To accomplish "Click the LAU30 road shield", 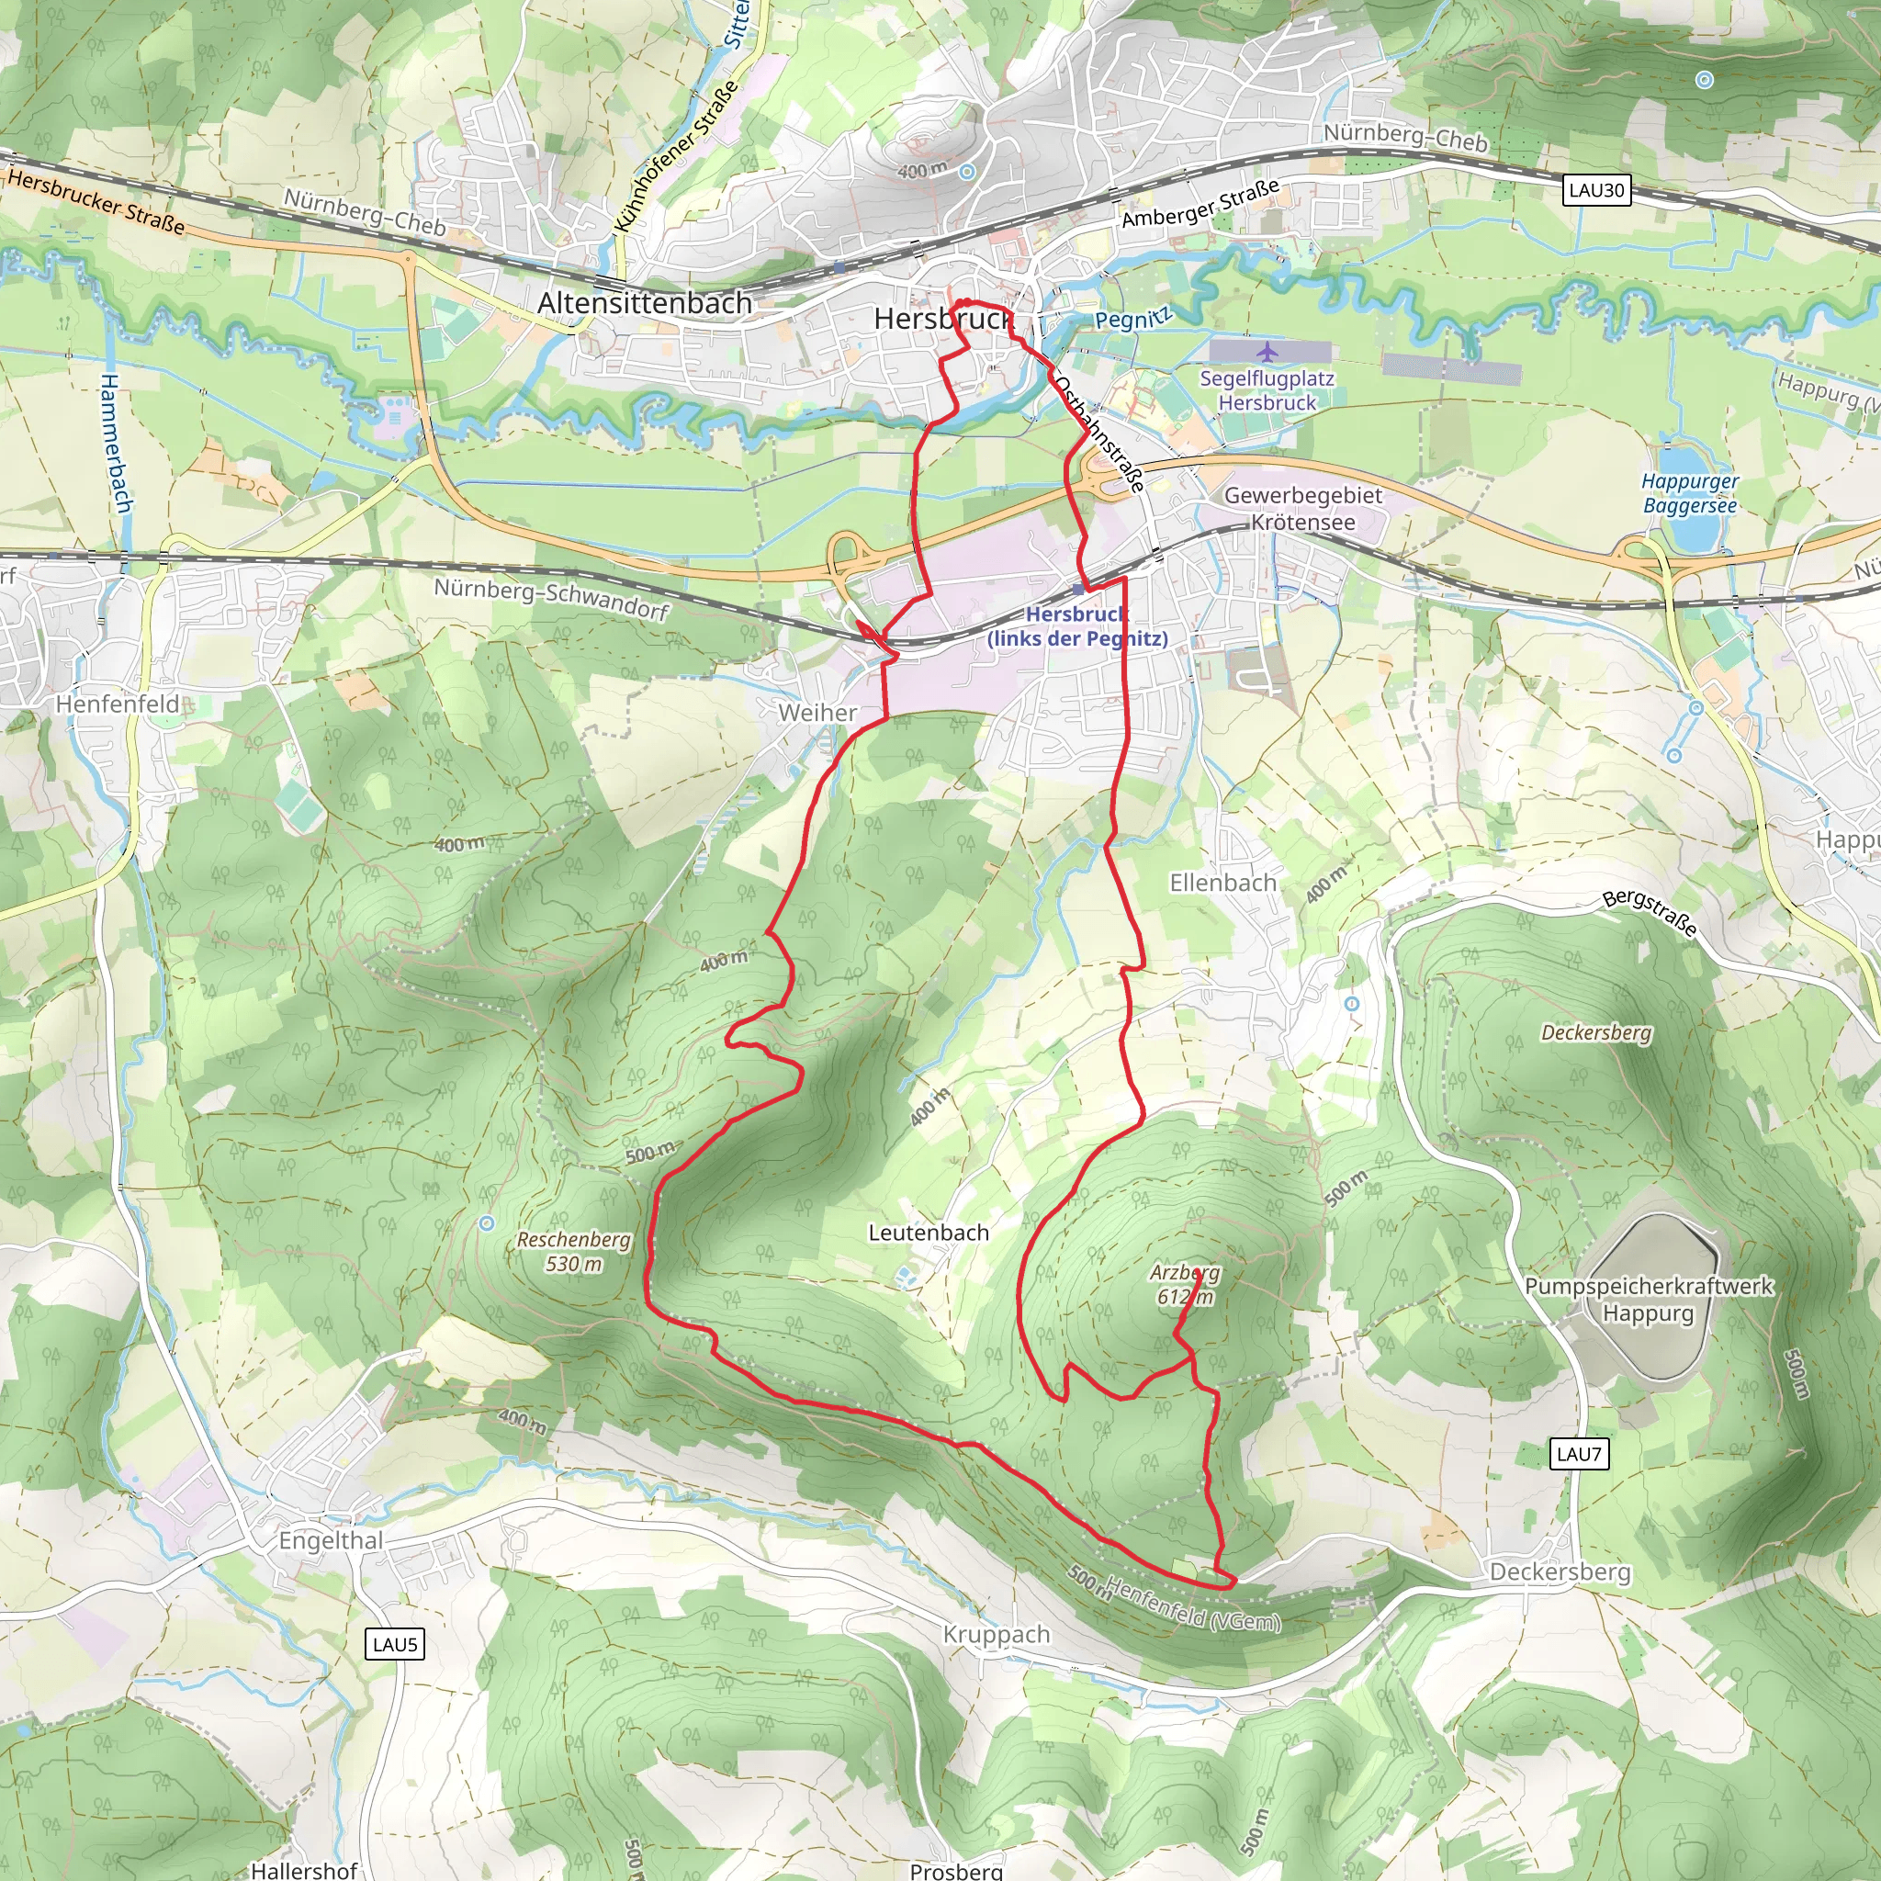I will tap(1596, 190).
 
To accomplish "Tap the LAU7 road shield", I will tap(1578, 1455).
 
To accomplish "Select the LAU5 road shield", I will tap(396, 1644).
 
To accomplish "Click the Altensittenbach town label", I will tap(645, 303).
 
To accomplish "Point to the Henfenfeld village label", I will tap(117, 704).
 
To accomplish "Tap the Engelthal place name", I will tap(331, 1540).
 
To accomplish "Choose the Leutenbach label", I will tap(928, 1233).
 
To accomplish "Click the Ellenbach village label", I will tap(1222, 883).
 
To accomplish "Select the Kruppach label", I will tap(996, 1635).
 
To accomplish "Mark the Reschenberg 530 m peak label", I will tap(572, 1251).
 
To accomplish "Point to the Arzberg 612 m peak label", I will tap(1184, 1284).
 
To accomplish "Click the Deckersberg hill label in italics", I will tap(1595, 1032).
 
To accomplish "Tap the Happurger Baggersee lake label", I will tap(1689, 492).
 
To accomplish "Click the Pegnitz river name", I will tap(1132, 319).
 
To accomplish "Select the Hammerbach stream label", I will tap(115, 443).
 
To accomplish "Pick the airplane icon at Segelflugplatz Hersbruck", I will tap(1267, 352).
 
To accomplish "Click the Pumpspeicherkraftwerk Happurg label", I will tap(1649, 1299).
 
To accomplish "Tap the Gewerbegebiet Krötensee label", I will tap(1302, 508).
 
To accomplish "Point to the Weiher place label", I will tap(817, 713).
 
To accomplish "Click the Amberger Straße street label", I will tap(1200, 205).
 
